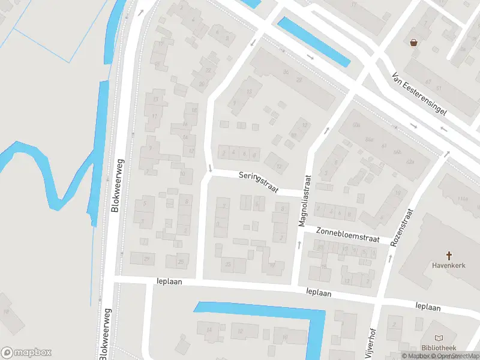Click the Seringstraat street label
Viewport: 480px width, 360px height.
tap(259, 181)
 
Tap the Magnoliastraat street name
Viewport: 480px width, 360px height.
tap(307, 201)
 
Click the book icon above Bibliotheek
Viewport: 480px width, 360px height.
tap(439, 339)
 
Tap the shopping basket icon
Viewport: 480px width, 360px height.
tap(413, 42)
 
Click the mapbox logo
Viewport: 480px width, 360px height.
tap(26, 352)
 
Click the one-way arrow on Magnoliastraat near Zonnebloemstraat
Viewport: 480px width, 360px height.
tap(299, 244)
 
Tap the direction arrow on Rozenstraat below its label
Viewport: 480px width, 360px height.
tap(390, 258)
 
